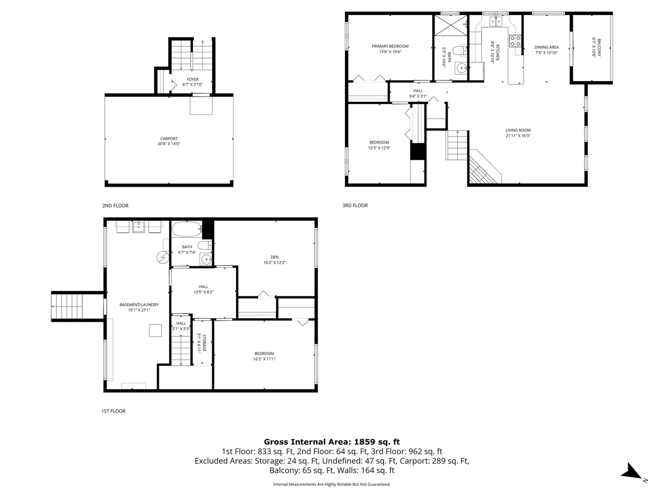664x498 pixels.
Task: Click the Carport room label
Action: [x=169, y=139]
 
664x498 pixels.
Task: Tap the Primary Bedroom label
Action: [x=390, y=46]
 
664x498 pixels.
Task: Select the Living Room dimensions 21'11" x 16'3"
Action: [x=518, y=135]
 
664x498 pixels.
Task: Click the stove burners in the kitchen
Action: [x=515, y=41]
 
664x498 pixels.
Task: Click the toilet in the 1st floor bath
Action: [x=205, y=246]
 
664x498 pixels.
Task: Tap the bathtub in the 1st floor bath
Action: [x=187, y=229]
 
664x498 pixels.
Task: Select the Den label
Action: [x=275, y=257]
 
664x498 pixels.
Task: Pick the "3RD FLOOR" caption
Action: [x=355, y=206]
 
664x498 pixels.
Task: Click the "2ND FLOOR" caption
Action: [x=115, y=206]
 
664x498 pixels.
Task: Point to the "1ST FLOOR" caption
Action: [x=113, y=411]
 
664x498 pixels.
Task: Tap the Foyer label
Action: [x=193, y=79]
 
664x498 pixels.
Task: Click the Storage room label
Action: [x=205, y=343]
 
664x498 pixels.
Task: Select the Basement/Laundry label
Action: [x=139, y=305]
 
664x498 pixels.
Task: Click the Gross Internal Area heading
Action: [x=332, y=442]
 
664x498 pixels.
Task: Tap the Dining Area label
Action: [x=546, y=47]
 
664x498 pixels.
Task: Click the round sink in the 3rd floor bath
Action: [x=461, y=68]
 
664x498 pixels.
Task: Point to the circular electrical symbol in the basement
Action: [x=163, y=257]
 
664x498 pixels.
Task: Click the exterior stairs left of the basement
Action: [x=66, y=306]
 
